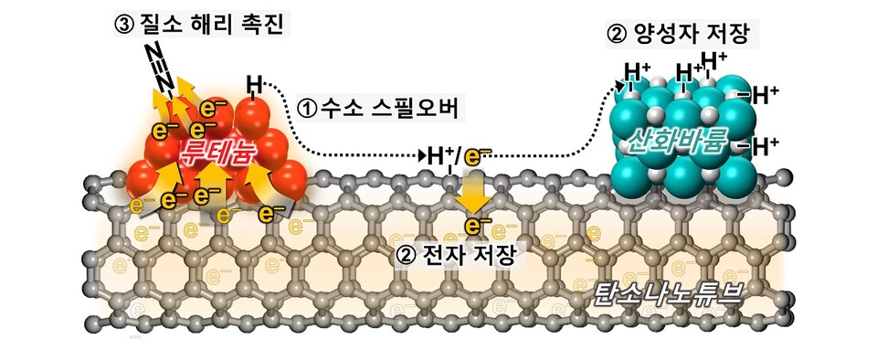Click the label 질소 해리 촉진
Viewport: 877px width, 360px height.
pos(226,24)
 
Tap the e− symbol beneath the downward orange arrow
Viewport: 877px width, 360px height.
pos(474,225)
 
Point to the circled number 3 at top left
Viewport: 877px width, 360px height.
pos(125,24)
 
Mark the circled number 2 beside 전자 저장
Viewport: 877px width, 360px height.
pos(407,259)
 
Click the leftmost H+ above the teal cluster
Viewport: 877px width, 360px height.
pos(636,69)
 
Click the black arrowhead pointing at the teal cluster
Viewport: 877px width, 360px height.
pos(621,86)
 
